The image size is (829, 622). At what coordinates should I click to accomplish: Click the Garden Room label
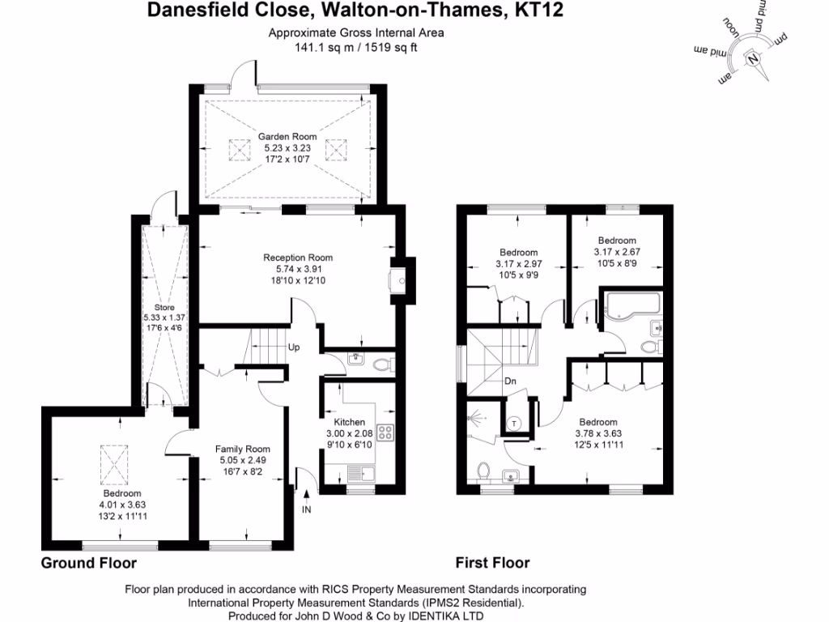(x=287, y=137)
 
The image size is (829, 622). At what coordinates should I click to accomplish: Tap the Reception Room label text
(x=298, y=258)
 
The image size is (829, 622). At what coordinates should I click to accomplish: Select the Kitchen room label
(x=350, y=422)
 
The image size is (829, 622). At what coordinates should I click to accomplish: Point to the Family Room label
(x=242, y=449)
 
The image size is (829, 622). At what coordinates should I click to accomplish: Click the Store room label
(x=165, y=308)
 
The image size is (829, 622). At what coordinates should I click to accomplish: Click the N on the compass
(x=754, y=59)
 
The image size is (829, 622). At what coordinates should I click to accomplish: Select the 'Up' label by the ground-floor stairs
(x=295, y=347)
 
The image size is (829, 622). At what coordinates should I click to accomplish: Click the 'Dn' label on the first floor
(x=511, y=381)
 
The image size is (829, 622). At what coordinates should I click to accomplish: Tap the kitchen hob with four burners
(x=385, y=432)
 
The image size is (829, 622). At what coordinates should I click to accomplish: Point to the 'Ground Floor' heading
(x=89, y=563)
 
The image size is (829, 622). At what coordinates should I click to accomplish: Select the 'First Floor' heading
(x=492, y=563)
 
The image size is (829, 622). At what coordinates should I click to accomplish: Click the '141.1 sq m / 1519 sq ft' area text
(x=358, y=48)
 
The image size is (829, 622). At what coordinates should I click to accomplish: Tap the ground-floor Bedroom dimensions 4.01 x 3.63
(x=121, y=505)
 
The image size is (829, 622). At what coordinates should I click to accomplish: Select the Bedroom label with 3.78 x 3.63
(x=598, y=422)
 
